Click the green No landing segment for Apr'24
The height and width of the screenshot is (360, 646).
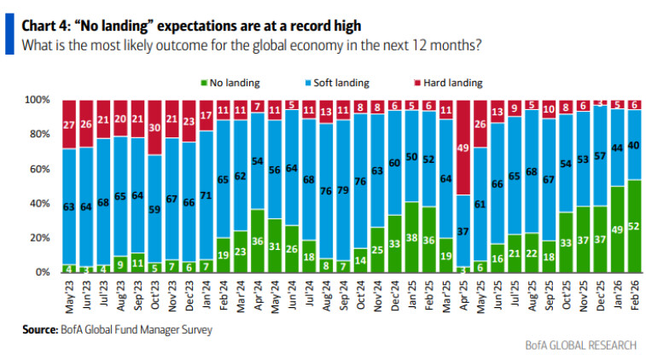point(257,241)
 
